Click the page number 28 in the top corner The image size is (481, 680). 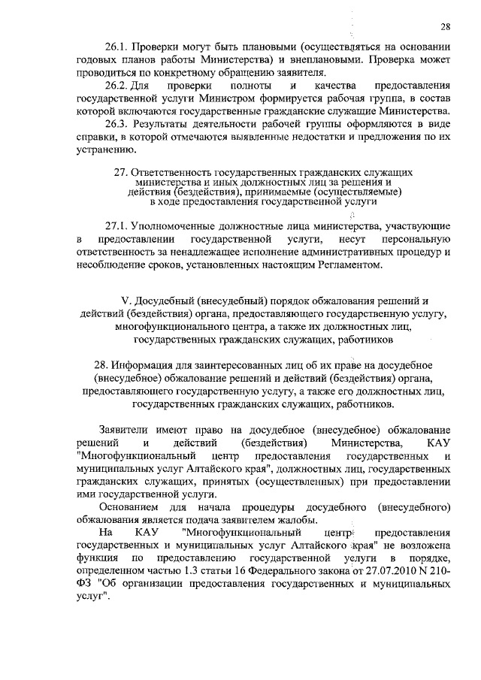pyautogui.click(x=445, y=28)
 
